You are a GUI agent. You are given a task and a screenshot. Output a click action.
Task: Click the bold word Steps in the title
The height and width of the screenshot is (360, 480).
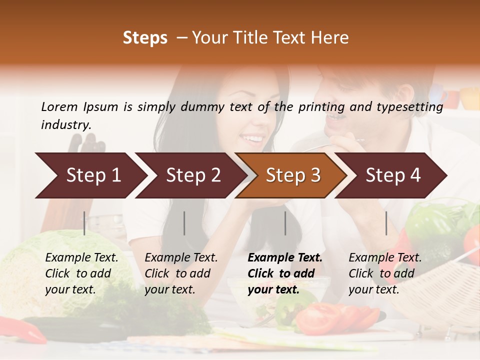tap(145, 38)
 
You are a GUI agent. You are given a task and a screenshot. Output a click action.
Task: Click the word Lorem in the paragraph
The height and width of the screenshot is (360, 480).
tap(59, 106)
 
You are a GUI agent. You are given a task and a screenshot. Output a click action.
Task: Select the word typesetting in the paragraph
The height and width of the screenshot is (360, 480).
tap(408, 106)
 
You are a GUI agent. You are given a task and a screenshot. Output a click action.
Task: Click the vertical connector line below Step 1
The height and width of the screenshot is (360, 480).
tap(84, 223)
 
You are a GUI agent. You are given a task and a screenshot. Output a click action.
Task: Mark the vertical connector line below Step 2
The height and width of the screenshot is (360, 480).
tap(184, 223)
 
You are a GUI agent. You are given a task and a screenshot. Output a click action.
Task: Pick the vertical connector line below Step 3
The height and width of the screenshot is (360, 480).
tap(285, 223)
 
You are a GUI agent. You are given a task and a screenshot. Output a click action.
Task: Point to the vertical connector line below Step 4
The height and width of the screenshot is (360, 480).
tap(386, 223)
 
